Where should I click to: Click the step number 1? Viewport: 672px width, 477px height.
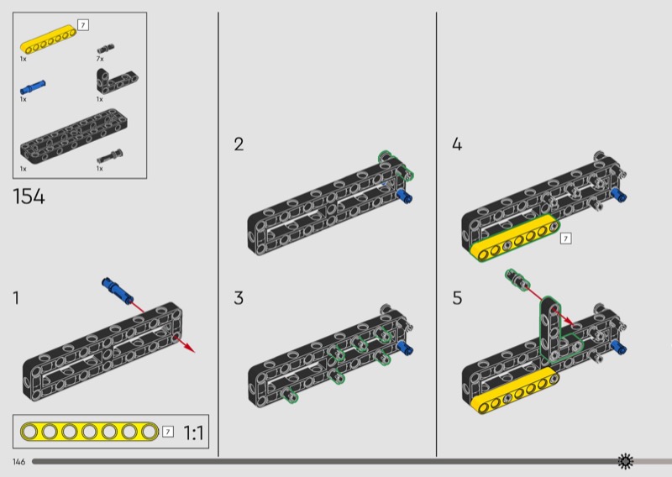point(16,297)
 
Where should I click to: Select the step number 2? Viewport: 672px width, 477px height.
point(239,144)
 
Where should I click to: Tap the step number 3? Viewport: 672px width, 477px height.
point(239,297)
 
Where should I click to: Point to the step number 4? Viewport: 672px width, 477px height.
point(457,144)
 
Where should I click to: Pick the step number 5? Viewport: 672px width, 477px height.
point(457,297)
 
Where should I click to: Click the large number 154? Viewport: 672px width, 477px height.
point(29,198)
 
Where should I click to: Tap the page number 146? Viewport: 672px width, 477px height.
point(18,462)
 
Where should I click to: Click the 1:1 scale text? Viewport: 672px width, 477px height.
point(193,433)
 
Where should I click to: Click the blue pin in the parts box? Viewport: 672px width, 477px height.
point(34,86)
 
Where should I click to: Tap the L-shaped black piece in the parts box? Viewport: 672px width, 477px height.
point(109,81)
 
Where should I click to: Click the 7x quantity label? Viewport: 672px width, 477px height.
point(100,60)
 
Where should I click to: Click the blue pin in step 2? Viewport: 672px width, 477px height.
point(406,197)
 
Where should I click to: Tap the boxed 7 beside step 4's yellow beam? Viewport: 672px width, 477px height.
point(565,239)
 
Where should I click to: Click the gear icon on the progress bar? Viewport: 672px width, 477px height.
point(625,461)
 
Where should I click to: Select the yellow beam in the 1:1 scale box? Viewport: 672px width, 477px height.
point(89,432)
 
